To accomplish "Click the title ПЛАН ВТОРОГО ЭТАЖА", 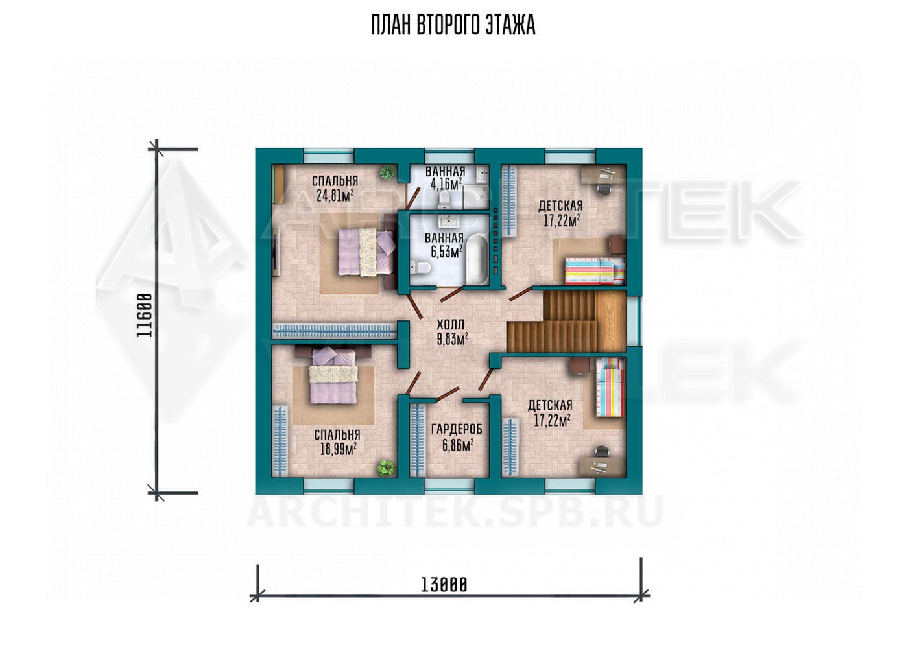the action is [x=453, y=25].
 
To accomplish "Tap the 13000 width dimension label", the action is [x=444, y=585].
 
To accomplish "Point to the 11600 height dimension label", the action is [x=145, y=315].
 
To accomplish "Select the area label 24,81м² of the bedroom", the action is [x=335, y=196].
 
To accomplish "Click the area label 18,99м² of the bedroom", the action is [x=338, y=449].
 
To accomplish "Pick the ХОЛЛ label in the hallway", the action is [x=450, y=325].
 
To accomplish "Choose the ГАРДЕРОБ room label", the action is [x=457, y=429].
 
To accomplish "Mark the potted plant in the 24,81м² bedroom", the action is [x=387, y=173].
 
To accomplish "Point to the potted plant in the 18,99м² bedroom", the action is [x=385, y=468].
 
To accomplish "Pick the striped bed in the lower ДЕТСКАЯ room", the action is [x=609, y=387].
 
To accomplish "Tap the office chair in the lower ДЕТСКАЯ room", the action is [x=603, y=452].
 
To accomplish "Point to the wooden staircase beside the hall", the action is [x=566, y=322].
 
